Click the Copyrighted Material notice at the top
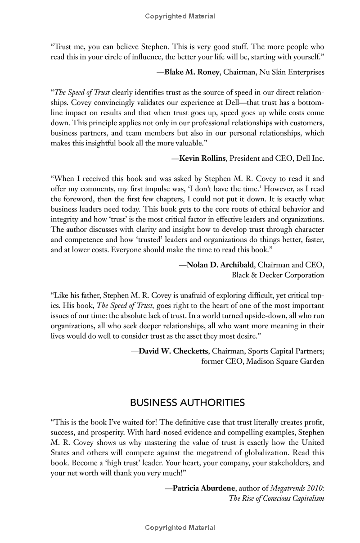(x=180, y=16)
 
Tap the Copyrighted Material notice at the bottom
(x=180, y=527)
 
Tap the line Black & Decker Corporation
(x=278, y=275)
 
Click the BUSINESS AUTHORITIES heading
(x=187, y=402)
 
